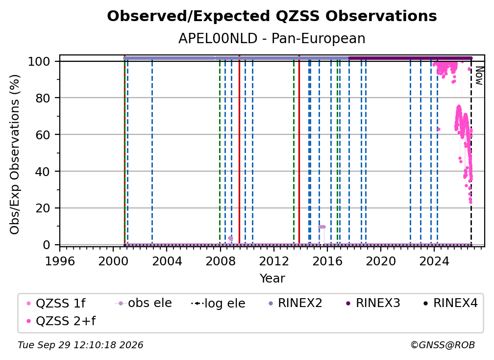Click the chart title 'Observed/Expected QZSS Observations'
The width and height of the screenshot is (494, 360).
click(272, 16)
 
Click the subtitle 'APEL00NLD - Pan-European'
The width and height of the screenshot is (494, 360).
click(272, 39)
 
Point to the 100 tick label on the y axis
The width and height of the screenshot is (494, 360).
click(39, 61)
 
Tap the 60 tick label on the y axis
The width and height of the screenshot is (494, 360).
click(43, 135)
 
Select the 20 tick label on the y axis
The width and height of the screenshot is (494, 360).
click(43, 208)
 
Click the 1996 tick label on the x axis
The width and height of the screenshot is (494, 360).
click(60, 261)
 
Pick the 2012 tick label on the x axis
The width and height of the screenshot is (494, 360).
click(274, 261)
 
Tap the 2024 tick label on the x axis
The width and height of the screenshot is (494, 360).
click(434, 261)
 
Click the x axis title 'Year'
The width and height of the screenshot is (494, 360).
click(272, 279)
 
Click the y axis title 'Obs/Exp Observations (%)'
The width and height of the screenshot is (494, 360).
click(15, 154)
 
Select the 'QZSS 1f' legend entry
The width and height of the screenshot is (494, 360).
click(56, 303)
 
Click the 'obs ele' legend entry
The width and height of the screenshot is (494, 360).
click(143, 303)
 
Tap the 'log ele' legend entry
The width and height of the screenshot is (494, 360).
click(218, 303)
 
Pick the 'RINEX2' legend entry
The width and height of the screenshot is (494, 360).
click(295, 303)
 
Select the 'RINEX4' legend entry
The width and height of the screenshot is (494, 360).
click(450, 303)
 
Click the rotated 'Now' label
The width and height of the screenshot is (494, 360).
click(479, 76)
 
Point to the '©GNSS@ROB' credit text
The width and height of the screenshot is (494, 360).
click(443, 345)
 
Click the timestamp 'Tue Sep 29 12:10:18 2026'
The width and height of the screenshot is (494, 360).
click(80, 345)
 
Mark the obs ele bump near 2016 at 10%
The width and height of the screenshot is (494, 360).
click(321, 227)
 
